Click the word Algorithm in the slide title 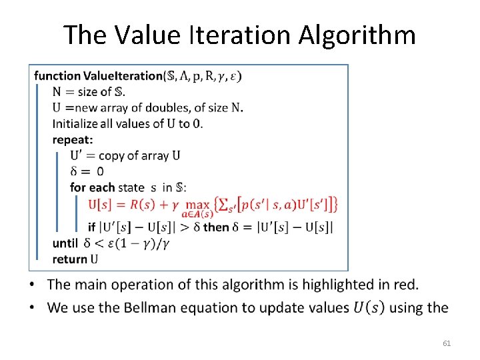click(357, 35)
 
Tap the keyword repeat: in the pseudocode click(73, 140)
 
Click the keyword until click(65, 243)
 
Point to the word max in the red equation click(198, 202)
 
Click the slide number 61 click(447, 343)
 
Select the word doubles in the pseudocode click(164, 108)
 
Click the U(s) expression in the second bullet click(369, 307)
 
